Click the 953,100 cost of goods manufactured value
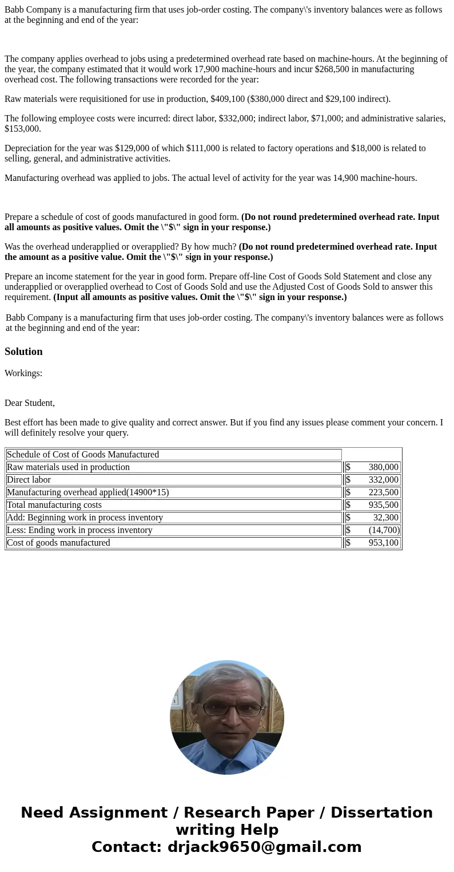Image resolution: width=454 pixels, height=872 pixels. point(383,543)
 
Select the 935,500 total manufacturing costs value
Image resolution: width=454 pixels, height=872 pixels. point(383,505)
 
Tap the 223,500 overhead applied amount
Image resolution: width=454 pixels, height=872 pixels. point(383,492)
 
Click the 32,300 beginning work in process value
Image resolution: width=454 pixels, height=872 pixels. point(385,518)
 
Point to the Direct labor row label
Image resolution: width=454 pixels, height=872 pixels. point(29,480)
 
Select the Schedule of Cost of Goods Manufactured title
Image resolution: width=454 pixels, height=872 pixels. point(83,455)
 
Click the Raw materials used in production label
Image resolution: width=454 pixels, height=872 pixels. point(68,467)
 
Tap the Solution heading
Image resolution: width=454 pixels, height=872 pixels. point(23,352)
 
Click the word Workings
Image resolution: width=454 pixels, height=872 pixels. point(23,373)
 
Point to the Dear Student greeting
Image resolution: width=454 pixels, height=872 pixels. point(30,403)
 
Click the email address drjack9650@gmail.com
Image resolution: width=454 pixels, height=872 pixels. point(264,847)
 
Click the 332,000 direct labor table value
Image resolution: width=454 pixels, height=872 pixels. point(383,480)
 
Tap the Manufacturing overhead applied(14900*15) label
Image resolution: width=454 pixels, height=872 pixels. point(87,492)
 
